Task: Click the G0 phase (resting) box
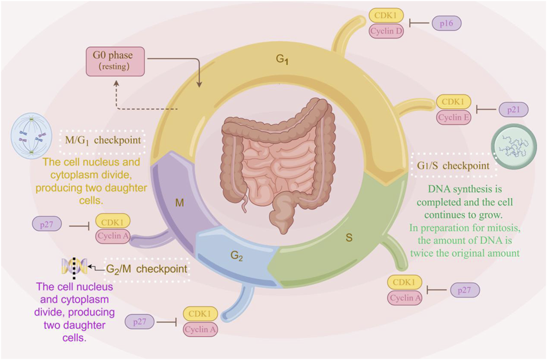115,61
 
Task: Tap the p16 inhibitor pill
446,23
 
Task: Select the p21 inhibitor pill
513,110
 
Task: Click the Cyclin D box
386,31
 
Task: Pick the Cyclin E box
454,118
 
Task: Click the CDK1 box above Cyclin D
386,16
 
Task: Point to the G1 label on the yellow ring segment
282,59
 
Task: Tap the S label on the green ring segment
349,237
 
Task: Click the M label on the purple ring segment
179,203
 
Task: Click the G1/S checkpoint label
453,166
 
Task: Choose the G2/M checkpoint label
147,269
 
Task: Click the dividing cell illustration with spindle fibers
31,135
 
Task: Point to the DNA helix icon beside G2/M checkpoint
74,267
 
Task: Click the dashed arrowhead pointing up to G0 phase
116,83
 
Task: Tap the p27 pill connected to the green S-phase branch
464,290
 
